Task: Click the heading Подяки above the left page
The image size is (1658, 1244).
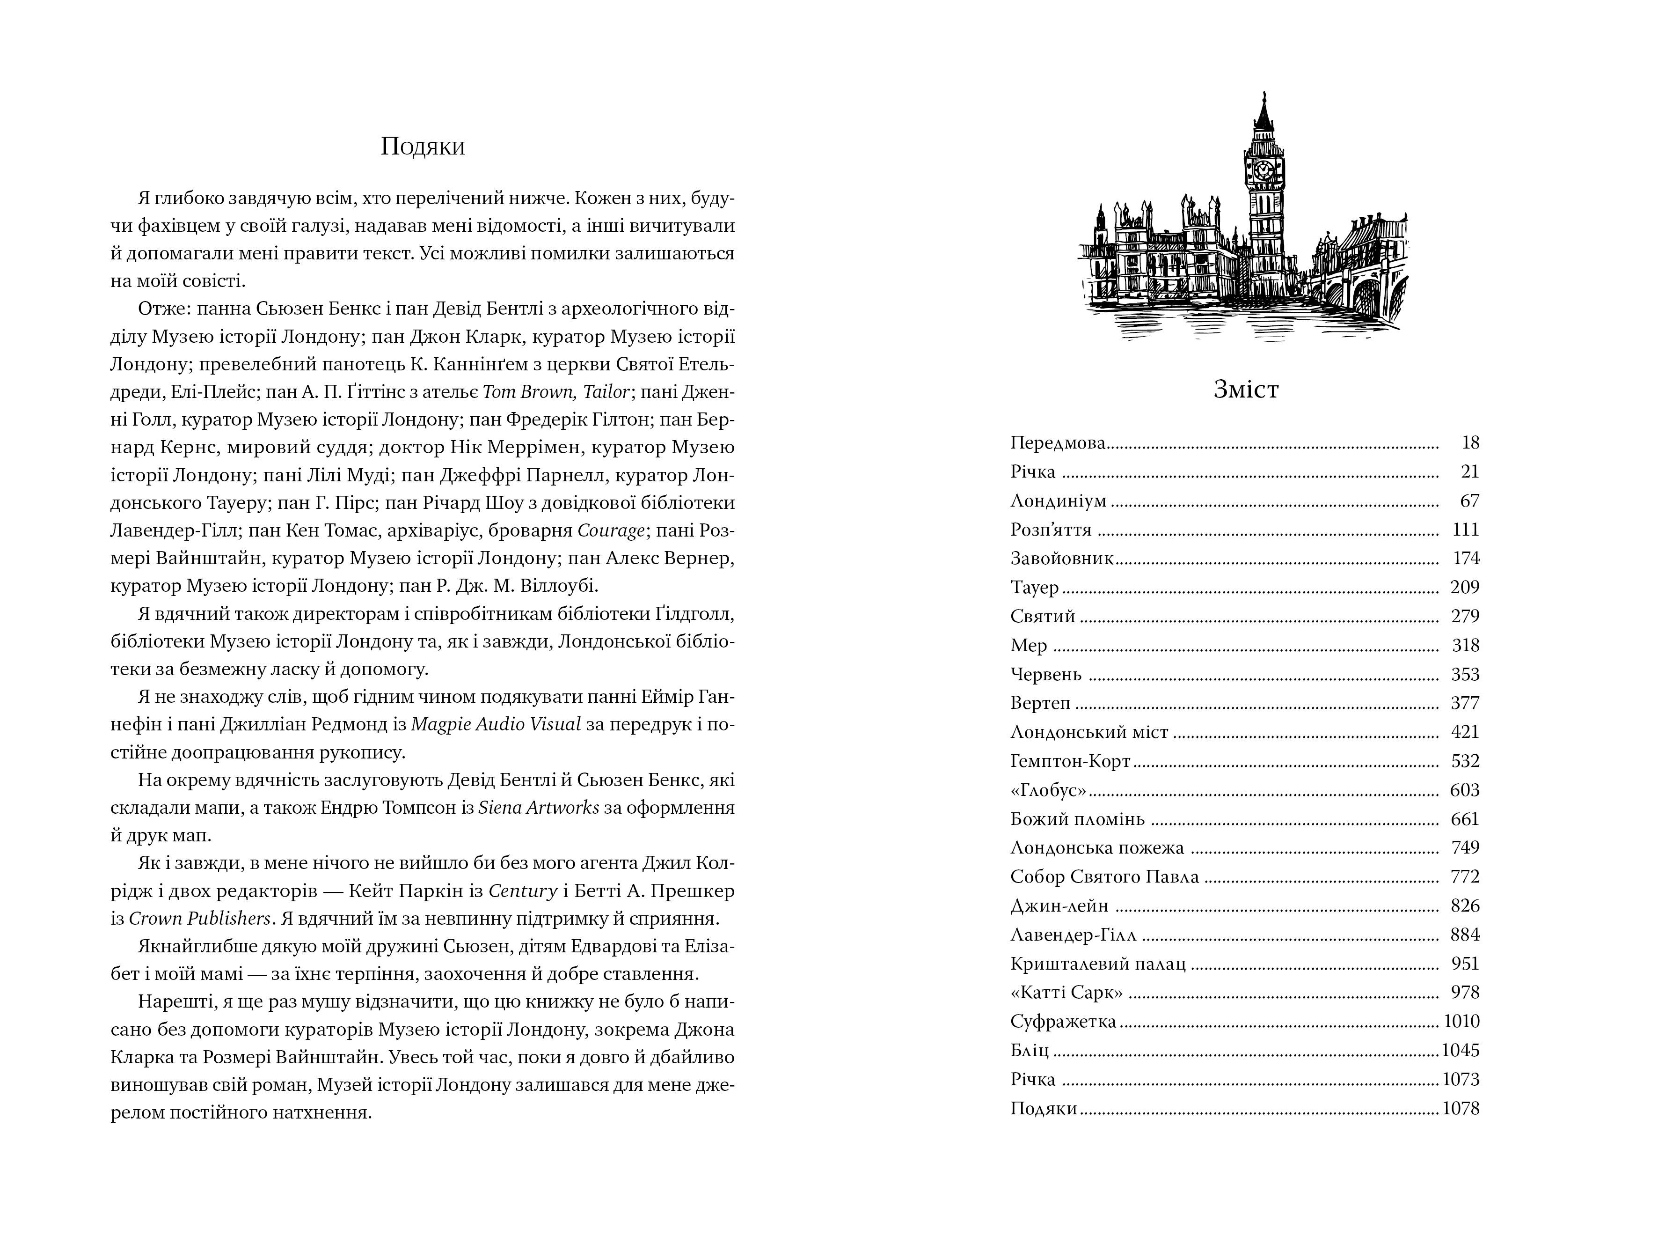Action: (423, 146)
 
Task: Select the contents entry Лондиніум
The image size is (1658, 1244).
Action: (1058, 501)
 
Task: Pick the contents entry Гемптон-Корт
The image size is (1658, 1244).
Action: (1070, 761)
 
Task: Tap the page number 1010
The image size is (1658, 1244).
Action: (1461, 1021)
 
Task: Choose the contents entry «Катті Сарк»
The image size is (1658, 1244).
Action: (1066, 993)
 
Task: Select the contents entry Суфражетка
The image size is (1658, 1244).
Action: (1063, 1021)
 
